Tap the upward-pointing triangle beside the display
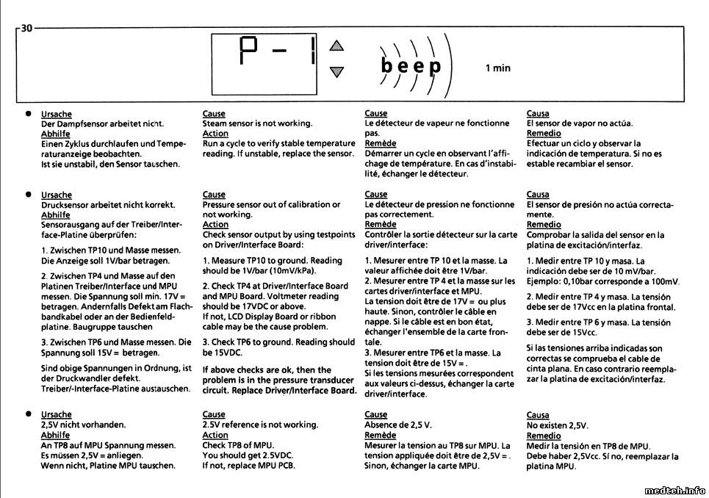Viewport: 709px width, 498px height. (336, 46)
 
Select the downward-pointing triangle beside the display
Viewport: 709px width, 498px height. (336, 71)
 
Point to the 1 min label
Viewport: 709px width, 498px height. (497, 68)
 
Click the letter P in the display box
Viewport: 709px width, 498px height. (251, 53)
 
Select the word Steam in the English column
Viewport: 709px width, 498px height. (215, 123)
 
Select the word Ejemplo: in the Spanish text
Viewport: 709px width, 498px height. (546, 281)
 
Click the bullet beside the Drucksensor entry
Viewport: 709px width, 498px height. (28, 195)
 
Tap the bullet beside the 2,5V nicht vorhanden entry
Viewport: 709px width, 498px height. (28, 415)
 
